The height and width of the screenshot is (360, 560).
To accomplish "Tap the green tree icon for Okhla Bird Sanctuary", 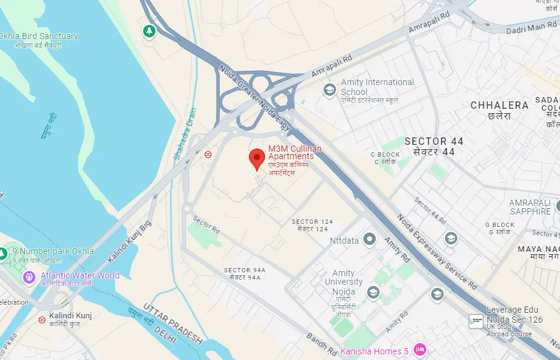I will pyautogui.click(x=149, y=30).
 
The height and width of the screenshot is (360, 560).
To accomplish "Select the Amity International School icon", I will pyautogui.click(x=329, y=91).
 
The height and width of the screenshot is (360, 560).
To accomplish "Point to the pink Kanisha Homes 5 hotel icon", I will pyautogui.click(x=420, y=351).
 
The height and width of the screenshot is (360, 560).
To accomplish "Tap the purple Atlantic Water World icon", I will pyautogui.click(x=29, y=276).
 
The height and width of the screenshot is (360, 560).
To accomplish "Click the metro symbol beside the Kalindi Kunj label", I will pyautogui.click(x=41, y=320).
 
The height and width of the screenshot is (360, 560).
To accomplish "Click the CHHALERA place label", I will pyautogui.click(x=499, y=106).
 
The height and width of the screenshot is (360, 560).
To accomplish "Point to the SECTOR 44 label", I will pyautogui.click(x=434, y=142).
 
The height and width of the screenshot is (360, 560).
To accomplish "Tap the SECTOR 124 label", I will pyautogui.click(x=313, y=222).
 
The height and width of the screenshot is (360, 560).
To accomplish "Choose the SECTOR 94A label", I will pyautogui.click(x=245, y=270).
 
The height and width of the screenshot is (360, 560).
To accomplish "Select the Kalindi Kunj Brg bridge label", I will pyautogui.click(x=129, y=243).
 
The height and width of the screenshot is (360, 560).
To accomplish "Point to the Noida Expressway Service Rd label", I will pyautogui.click(x=438, y=252).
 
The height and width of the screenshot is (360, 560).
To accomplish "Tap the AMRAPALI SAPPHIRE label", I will pyautogui.click(x=530, y=207).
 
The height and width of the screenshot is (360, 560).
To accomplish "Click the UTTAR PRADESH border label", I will pyautogui.click(x=173, y=323).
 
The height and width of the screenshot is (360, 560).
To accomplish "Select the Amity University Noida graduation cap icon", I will pyautogui.click(x=373, y=292).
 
